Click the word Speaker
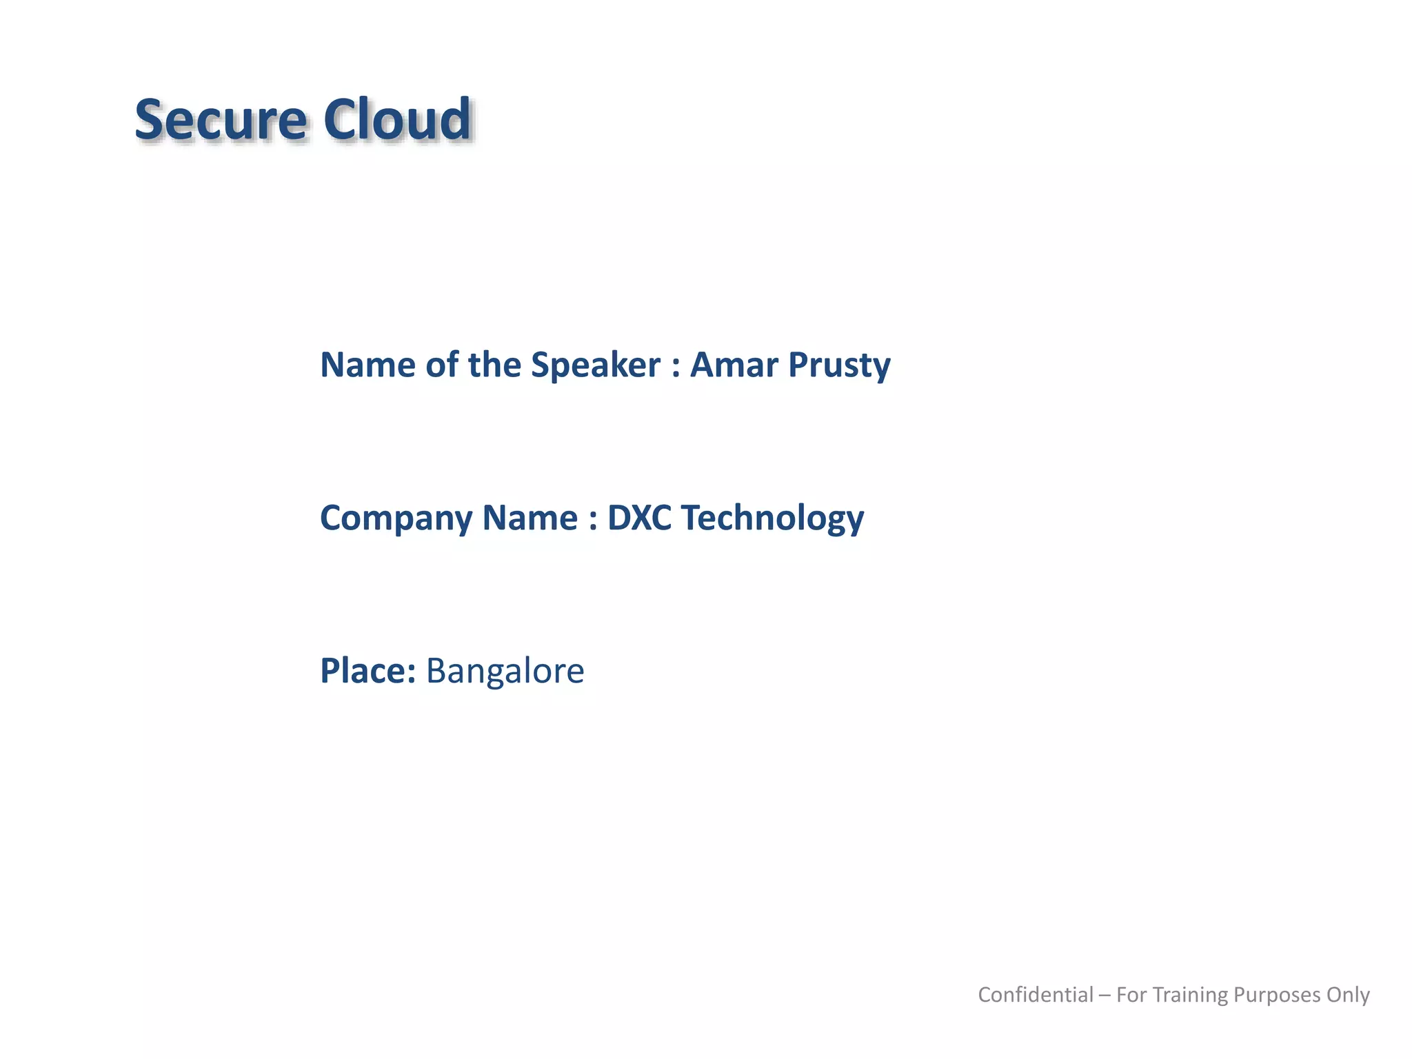point(595,366)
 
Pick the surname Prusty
point(839,366)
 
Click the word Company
point(396,519)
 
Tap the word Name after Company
point(529,518)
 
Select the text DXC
point(639,518)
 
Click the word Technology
point(772,519)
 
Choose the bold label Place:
point(368,671)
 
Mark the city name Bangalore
point(505,672)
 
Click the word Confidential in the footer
point(1036,995)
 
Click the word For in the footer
point(1131,995)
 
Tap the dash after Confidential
point(1105,996)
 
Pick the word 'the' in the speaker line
point(494,365)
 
